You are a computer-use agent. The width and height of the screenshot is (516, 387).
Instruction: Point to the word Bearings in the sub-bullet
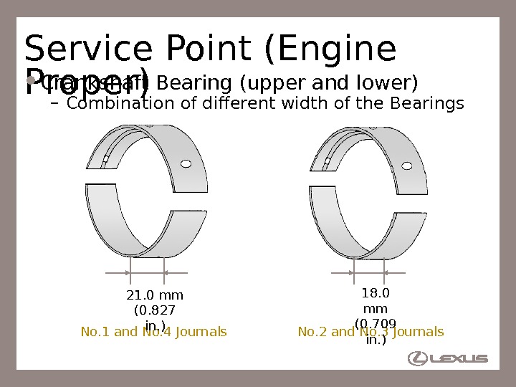[x=427, y=104]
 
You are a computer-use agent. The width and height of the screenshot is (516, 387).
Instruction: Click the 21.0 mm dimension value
[x=155, y=295]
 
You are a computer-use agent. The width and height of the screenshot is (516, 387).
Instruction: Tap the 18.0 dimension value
[x=376, y=292]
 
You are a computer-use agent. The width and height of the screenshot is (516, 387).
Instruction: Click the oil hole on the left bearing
[x=186, y=164]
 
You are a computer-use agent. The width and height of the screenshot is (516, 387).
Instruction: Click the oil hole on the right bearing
[x=407, y=166]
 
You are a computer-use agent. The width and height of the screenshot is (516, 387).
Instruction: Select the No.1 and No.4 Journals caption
[x=153, y=332]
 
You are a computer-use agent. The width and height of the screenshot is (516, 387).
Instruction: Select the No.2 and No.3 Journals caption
[x=371, y=332]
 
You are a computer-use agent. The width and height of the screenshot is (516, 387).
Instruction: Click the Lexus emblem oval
[x=417, y=358]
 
